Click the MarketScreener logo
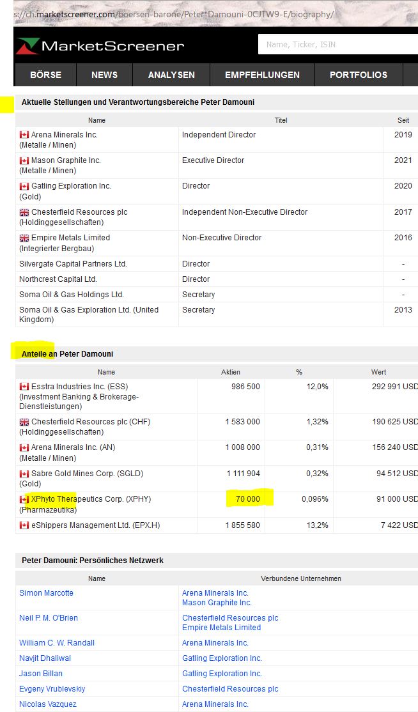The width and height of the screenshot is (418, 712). [x=100, y=45]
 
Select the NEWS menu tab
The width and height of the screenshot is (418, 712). [x=104, y=75]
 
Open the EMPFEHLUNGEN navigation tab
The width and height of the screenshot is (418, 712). [x=262, y=75]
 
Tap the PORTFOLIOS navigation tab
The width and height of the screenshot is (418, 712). [x=359, y=75]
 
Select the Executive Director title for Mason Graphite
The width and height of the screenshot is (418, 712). [x=213, y=160]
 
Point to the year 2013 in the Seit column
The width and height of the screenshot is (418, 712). [x=403, y=310]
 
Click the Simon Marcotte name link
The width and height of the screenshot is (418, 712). [x=46, y=593]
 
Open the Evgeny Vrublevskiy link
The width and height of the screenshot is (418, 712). [x=52, y=689]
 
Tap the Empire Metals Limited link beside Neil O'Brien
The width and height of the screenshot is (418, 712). [x=221, y=628]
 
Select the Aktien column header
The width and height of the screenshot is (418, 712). [x=230, y=372]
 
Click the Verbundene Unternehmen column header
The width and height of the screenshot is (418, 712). [x=300, y=578]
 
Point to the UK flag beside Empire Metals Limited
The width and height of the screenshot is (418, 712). [x=24, y=238]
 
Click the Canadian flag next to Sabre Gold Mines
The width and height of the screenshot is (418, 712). [x=24, y=474]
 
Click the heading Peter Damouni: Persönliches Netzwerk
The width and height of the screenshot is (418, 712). [x=93, y=561]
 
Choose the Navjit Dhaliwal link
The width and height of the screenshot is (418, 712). [x=45, y=658]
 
